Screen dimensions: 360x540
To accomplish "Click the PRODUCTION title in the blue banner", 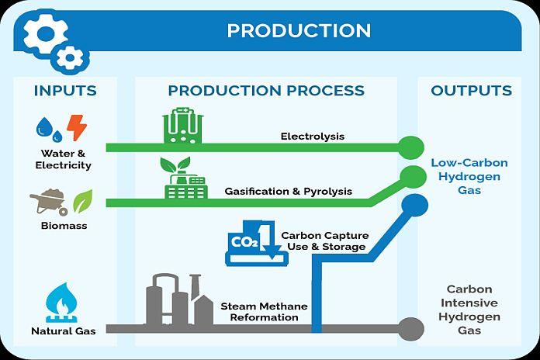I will pyautogui.click(x=299, y=30).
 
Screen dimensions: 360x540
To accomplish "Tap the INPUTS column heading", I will pyautogui.click(x=65, y=91).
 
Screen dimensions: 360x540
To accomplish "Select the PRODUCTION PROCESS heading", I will pyautogui.click(x=266, y=91).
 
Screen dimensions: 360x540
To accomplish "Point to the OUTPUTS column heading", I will pyautogui.click(x=472, y=91).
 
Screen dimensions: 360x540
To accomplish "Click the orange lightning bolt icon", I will pyautogui.click(x=77, y=126).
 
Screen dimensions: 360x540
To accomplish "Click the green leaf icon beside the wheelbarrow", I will pyautogui.click(x=82, y=201).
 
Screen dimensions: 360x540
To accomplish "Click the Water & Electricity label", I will pyautogui.click(x=63, y=159).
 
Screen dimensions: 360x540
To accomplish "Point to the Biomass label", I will pyautogui.click(x=64, y=226).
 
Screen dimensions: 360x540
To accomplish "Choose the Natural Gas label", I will pyautogui.click(x=63, y=332).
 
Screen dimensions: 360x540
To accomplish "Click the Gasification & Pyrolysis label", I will pyautogui.click(x=289, y=191).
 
